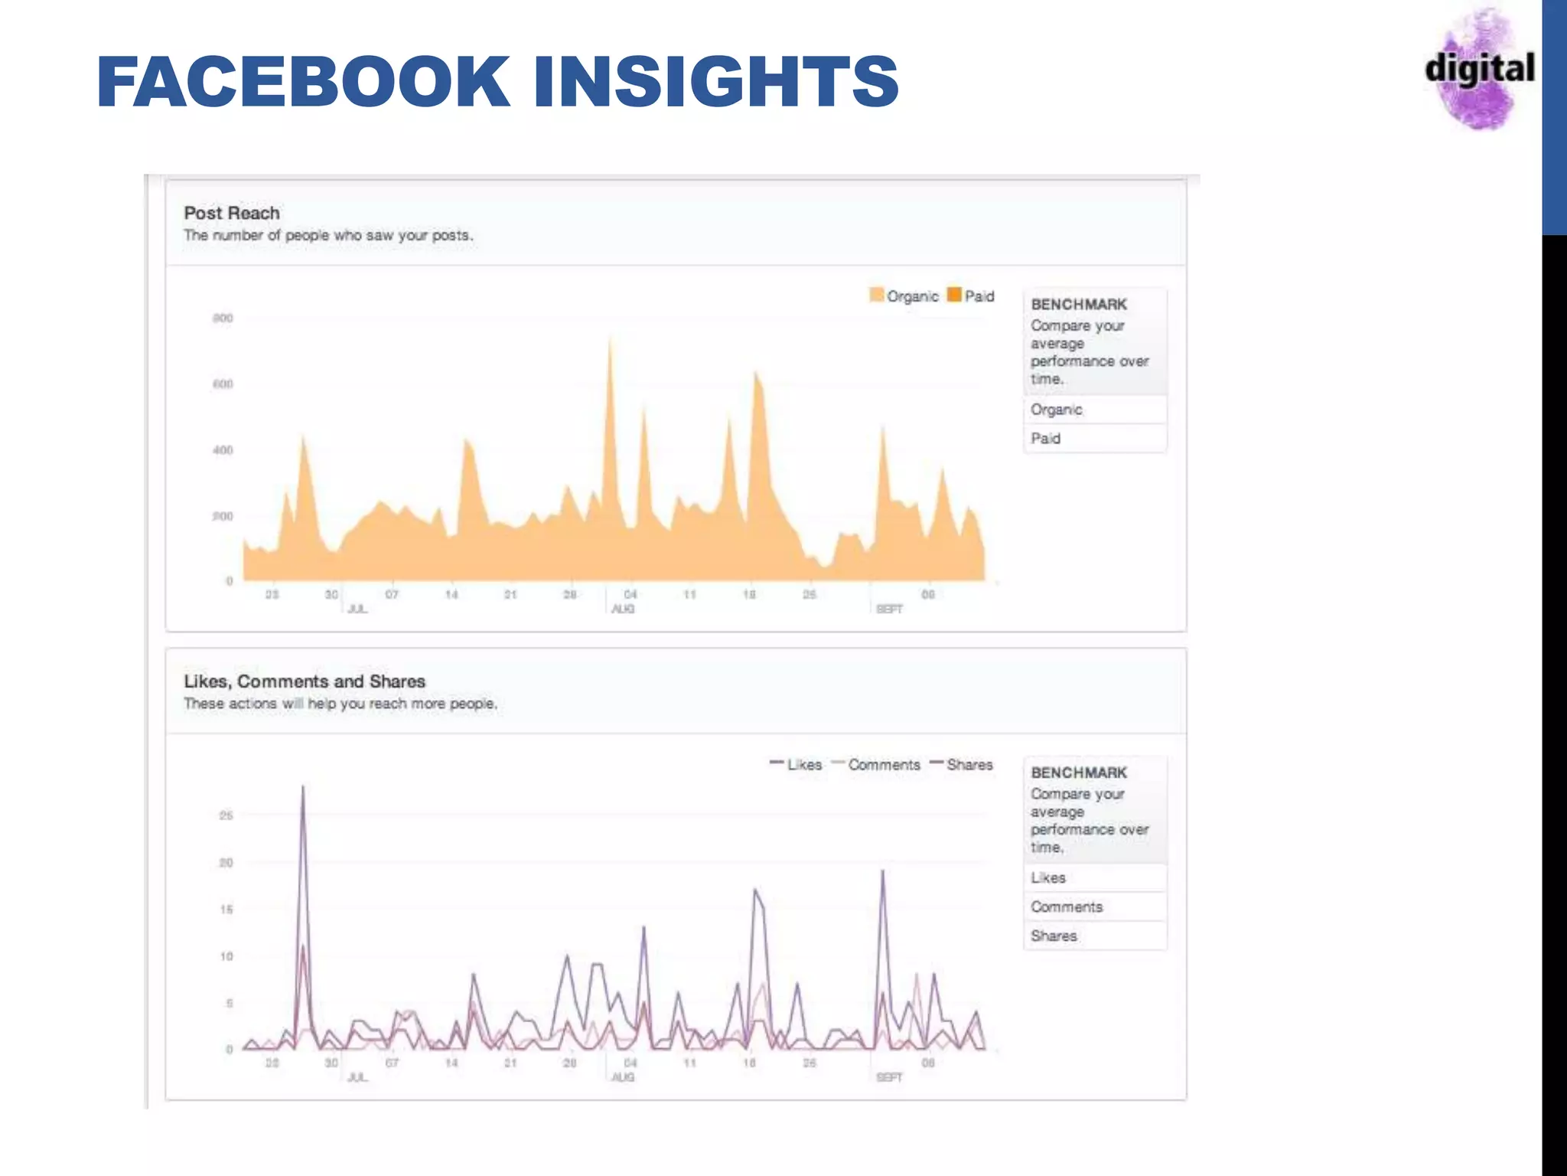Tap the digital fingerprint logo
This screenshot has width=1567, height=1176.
pos(1479,69)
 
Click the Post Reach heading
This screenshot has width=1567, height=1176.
pos(232,213)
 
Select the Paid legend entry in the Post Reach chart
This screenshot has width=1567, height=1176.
pos(971,296)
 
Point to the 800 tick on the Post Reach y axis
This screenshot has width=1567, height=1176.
pos(223,318)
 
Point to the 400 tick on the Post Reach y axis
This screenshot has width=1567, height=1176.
pos(223,450)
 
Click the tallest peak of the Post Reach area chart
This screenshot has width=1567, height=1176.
pos(610,339)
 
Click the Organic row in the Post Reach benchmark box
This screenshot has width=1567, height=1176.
pos(1057,410)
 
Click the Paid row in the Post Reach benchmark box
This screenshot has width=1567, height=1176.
pos(1046,439)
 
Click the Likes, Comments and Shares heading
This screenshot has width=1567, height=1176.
pos(305,681)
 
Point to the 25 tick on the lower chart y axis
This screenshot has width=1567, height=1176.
pos(226,815)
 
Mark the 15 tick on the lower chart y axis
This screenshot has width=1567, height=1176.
pos(226,910)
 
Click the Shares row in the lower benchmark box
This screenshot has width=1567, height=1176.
pos(1054,936)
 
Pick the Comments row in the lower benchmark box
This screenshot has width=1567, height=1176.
pos(1067,907)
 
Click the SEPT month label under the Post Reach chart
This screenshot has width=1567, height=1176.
pos(889,609)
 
